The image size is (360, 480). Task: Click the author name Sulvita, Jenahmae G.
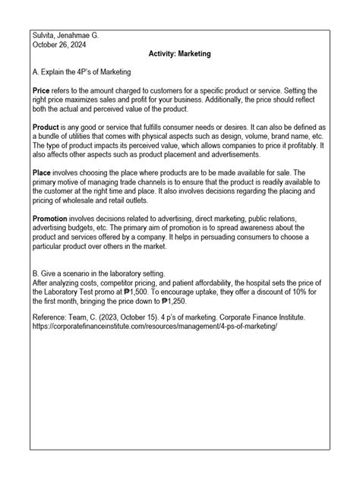(x=68, y=35)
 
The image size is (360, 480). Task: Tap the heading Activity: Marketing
(x=180, y=55)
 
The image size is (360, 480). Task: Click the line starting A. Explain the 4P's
(x=83, y=72)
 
